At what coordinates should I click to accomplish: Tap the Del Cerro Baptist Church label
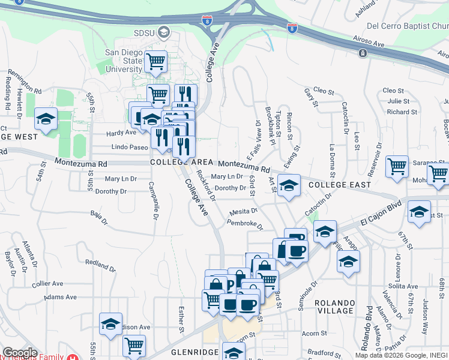point(408,26)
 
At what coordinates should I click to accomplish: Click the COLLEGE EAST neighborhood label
point(340,185)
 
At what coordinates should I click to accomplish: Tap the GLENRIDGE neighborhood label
point(183,352)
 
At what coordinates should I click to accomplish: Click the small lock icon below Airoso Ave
point(363,53)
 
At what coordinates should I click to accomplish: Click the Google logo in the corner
point(20,353)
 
